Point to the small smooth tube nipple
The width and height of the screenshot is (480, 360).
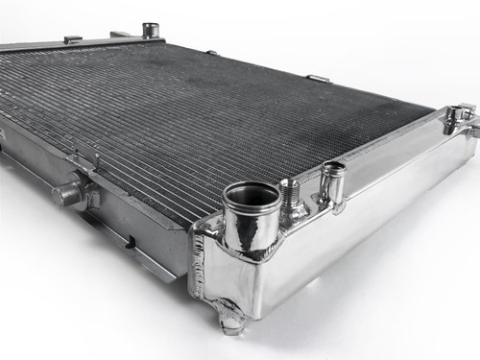click(333, 184)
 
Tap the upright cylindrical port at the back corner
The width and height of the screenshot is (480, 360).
click(151, 30)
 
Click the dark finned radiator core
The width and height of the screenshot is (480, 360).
click(192, 115)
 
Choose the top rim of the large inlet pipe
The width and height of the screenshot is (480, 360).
click(252, 189)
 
